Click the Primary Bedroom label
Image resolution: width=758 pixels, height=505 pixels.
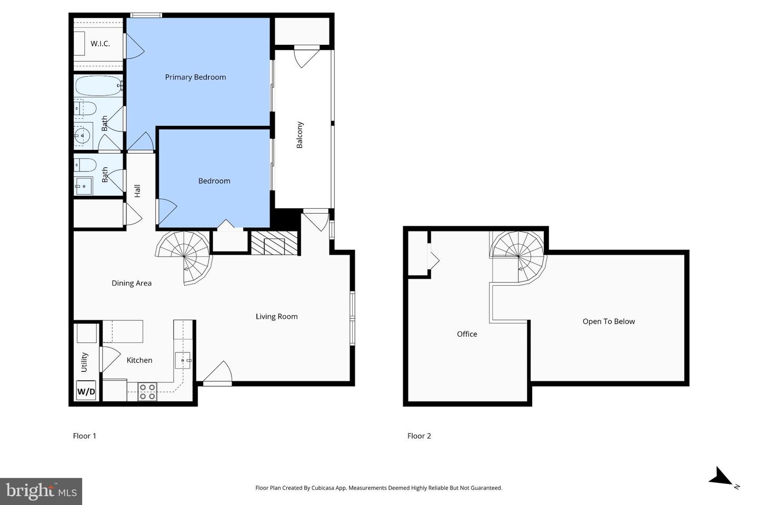pyautogui.click(x=195, y=77)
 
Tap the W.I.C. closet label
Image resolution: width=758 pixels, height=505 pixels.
pyautogui.click(x=100, y=44)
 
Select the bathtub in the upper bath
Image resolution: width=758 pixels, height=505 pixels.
pyautogui.click(x=98, y=86)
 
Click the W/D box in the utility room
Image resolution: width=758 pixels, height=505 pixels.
pyautogui.click(x=86, y=391)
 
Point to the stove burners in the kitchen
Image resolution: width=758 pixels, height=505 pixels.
pyautogui.click(x=147, y=392)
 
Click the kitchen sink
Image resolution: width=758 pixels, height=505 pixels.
pyautogui.click(x=183, y=360)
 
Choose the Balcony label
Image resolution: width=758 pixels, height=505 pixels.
pyautogui.click(x=300, y=135)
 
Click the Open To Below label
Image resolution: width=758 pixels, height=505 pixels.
pyautogui.click(x=609, y=321)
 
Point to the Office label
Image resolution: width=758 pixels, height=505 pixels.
pyautogui.click(x=467, y=334)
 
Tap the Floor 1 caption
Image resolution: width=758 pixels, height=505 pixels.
pyautogui.click(x=84, y=436)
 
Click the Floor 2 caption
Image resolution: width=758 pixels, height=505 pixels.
pyautogui.click(x=419, y=436)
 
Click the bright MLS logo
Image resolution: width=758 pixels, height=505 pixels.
pyautogui.click(x=41, y=491)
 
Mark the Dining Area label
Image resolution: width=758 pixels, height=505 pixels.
pyautogui.click(x=132, y=283)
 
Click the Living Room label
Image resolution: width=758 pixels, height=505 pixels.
pyautogui.click(x=276, y=317)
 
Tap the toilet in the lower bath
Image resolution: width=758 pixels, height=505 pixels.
pyautogui.click(x=85, y=165)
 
